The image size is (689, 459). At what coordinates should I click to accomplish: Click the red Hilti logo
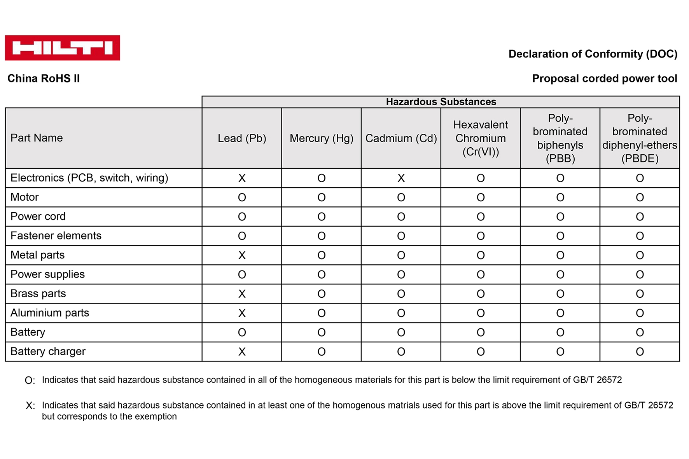(x=62, y=48)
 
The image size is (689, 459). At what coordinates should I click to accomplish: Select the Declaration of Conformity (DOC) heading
(x=593, y=54)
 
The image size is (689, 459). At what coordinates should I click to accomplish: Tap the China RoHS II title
(x=44, y=79)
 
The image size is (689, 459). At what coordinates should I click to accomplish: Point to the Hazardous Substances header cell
(x=441, y=102)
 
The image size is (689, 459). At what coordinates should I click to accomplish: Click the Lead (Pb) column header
(x=242, y=138)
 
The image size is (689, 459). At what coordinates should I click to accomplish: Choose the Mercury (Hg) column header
(x=322, y=138)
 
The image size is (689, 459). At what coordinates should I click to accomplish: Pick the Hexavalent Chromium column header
(x=481, y=138)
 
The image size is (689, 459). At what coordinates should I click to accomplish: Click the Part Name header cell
(x=37, y=138)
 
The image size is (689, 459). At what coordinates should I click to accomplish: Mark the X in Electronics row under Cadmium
(x=401, y=178)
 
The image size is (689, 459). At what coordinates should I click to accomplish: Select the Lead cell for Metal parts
(x=242, y=255)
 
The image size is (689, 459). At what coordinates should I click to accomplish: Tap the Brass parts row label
(x=38, y=293)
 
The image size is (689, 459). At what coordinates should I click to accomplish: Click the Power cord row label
(x=38, y=216)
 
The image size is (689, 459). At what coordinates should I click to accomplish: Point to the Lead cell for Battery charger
(x=242, y=352)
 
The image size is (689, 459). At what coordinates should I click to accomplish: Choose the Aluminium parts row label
(x=50, y=313)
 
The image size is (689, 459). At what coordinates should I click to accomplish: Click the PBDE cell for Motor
(x=640, y=197)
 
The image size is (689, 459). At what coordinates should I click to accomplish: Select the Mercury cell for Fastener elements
(x=322, y=236)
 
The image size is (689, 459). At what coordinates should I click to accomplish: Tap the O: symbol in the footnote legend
(x=30, y=380)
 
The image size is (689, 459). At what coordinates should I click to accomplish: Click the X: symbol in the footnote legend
(x=30, y=406)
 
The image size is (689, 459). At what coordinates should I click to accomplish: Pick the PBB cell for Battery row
(x=560, y=332)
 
